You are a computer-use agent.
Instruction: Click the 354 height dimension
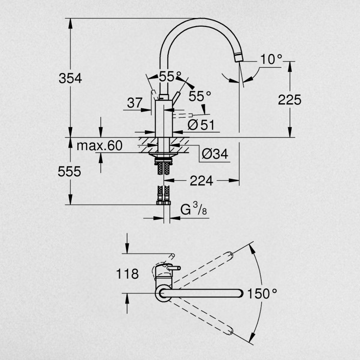(70, 78)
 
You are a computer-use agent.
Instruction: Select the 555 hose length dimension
(69, 172)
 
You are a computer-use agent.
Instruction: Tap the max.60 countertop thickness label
(99, 146)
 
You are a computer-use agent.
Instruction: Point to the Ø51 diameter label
(201, 125)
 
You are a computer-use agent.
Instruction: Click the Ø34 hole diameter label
(215, 154)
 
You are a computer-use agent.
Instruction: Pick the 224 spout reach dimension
(201, 181)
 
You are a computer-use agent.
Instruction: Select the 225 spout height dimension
(290, 100)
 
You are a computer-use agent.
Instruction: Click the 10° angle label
(271, 59)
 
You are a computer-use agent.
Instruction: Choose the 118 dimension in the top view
(127, 274)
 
